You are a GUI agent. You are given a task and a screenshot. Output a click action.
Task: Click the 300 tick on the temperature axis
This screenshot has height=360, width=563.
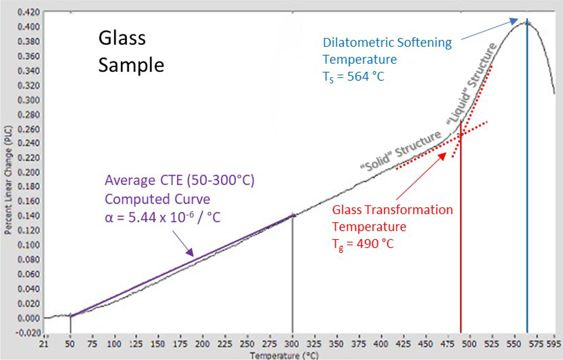coord(292,344)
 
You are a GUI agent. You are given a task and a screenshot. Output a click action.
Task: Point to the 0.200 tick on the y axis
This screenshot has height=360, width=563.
coord(29,172)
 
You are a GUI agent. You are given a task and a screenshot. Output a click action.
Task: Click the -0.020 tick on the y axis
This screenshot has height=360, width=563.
coord(29,333)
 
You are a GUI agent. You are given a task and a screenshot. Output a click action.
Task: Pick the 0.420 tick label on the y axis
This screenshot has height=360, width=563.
coord(29,12)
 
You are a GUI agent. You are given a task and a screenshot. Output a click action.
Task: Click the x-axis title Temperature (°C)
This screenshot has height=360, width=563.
coord(284,355)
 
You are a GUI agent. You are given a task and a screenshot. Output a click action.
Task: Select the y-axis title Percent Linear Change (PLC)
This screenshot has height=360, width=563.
coord(8,180)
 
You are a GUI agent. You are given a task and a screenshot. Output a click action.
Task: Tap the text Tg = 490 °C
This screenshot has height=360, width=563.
coord(363,243)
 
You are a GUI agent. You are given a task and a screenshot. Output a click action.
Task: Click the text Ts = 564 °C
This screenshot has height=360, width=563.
coord(353,76)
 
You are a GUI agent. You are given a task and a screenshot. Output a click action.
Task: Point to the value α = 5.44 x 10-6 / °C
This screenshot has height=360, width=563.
coord(162,218)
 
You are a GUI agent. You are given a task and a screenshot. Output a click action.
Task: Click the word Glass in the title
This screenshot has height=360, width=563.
coord(122,38)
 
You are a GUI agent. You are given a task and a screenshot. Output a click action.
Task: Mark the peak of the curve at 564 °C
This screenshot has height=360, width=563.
coord(527,23)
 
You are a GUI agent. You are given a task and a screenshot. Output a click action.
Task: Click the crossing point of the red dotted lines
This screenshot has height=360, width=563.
coord(461,134)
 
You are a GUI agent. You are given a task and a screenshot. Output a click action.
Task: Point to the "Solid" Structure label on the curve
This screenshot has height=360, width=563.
coord(401,151)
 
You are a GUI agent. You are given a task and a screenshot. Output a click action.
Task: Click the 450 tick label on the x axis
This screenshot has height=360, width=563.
coord(425,344)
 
